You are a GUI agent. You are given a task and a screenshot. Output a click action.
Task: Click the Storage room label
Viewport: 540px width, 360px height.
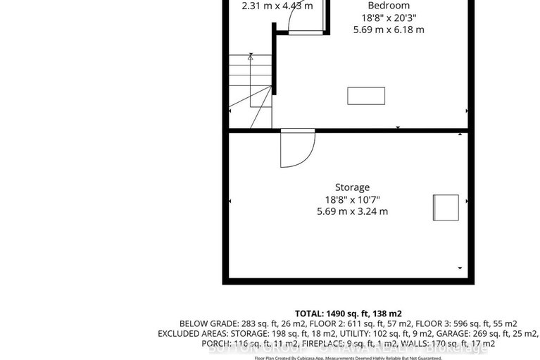[352, 187]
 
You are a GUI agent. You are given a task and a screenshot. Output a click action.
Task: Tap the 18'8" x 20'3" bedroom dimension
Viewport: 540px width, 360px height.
[389, 18]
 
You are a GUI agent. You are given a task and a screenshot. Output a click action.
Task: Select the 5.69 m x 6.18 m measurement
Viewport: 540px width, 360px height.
[389, 30]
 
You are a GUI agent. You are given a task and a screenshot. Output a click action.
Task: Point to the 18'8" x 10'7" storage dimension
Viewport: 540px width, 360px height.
[352, 199]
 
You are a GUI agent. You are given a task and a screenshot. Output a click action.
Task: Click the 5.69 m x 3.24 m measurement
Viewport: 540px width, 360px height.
[352, 211]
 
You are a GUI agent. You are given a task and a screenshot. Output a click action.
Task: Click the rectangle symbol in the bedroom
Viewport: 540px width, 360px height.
[366, 96]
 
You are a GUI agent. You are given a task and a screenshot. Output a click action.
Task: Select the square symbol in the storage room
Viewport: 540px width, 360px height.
[445, 208]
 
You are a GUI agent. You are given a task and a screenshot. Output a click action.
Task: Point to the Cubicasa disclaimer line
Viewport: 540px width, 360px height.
[348, 357]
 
